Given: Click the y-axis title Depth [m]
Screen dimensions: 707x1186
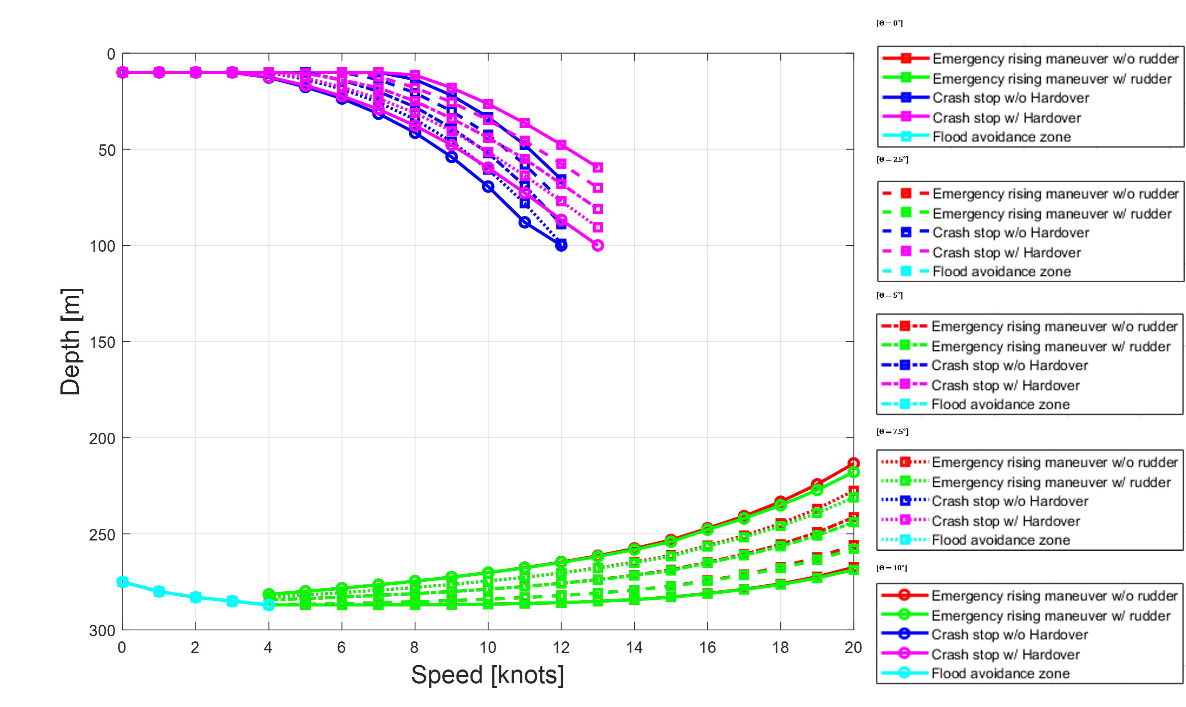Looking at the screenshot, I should (x=71, y=342).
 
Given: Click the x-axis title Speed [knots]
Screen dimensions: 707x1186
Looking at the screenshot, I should (x=487, y=675).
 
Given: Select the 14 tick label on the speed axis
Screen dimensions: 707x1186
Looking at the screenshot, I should (x=634, y=647).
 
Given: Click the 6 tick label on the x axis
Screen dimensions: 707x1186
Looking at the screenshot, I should (x=341, y=647).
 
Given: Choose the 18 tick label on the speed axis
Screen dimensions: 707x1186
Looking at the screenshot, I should (x=780, y=647).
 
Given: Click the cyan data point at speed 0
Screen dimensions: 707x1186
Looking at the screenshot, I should (x=122, y=582).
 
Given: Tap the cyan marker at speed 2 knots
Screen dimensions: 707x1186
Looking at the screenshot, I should (x=196, y=597).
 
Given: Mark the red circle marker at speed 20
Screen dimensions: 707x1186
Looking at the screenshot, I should (x=854, y=463).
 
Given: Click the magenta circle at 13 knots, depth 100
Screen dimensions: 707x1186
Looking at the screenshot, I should (x=598, y=245).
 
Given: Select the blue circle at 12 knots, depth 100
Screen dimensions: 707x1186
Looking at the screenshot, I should (x=561, y=245).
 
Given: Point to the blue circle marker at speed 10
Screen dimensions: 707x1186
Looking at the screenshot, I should (x=488, y=187).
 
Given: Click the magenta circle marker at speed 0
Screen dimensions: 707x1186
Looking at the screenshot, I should (x=122, y=72).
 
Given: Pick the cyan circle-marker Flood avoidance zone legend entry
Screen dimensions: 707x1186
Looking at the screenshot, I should (x=1000, y=673).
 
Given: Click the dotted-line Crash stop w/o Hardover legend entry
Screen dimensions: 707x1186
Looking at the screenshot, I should (x=1009, y=501).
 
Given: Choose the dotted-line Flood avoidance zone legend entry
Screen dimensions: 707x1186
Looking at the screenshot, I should (x=1000, y=540).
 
